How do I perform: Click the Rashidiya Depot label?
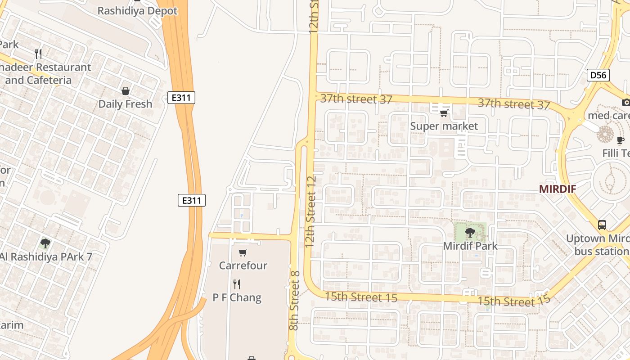pyautogui.click(x=137, y=11)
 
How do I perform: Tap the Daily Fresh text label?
pyautogui.click(x=125, y=104)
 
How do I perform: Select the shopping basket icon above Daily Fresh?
pyautogui.click(x=126, y=91)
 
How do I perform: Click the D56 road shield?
pyautogui.click(x=598, y=75)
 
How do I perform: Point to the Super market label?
pyautogui.click(x=444, y=126)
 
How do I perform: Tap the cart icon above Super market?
pyautogui.click(x=444, y=113)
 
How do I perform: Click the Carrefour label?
pyautogui.click(x=243, y=265)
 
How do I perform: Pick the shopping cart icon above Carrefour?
pyautogui.click(x=243, y=252)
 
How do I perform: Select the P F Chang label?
pyautogui.click(x=237, y=297)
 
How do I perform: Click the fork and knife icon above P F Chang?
pyautogui.click(x=237, y=284)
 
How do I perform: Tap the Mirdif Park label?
pyautogui.click(x=470, y=246)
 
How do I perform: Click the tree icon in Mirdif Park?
pyautogui.click(x=470, y=233)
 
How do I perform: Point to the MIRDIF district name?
pyautogui.click(x=558, y=189)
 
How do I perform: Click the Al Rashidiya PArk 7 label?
pyautogui.click(x=46, y=257)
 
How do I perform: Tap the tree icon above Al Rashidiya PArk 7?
pyautogui.click(x=45, y=243)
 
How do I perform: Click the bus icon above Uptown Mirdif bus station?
pyautogui.click(x=602, y=225)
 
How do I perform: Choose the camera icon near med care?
pyautogui.click(x=625, y=102)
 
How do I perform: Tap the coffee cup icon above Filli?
pyautogui.click(x=621, y=140)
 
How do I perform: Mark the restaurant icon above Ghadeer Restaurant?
pyautogui.click(x=39, y=54)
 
